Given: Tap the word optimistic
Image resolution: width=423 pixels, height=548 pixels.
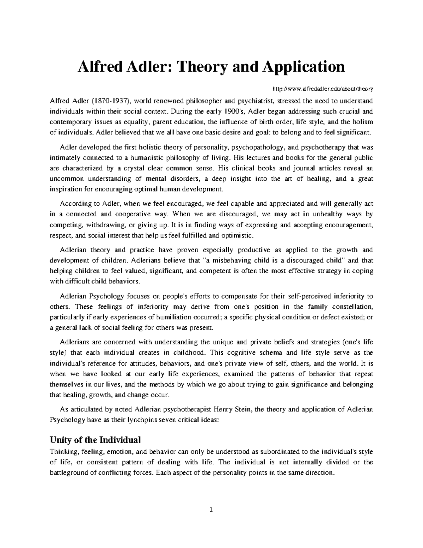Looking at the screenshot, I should click(x=237, y=235).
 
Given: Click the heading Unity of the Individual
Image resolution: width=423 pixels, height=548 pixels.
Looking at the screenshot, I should click(x=95, y=440).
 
